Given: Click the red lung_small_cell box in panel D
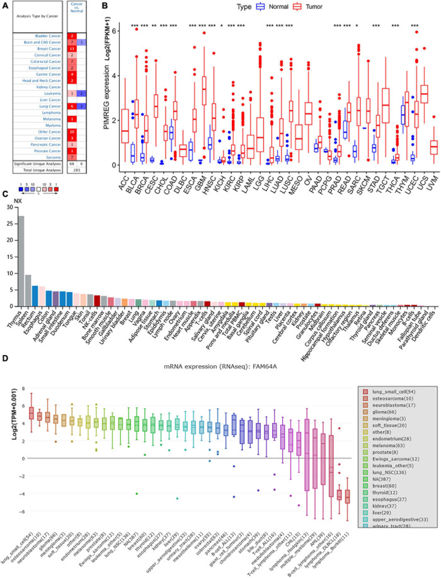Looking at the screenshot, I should [31, 413].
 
